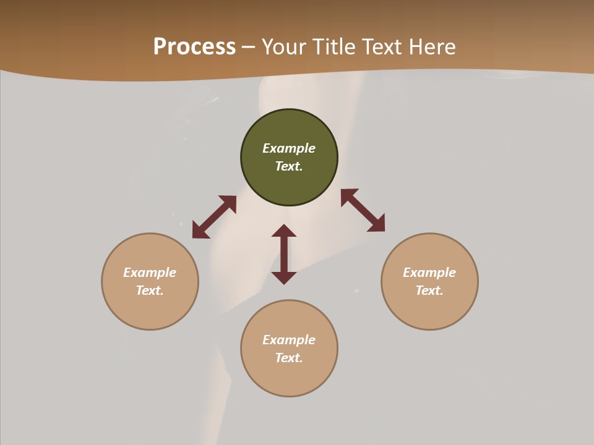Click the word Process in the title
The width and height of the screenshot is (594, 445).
tap(194, 47)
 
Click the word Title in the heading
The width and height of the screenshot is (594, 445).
tap(335, 47)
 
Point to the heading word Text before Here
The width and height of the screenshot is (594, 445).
tap(383, 47)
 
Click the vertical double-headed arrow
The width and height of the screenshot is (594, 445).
tap(284, 254)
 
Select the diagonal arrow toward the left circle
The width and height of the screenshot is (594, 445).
tap(214, 217)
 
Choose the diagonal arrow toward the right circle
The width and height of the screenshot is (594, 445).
tap(363, 210)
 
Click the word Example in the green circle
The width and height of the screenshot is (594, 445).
tap(289, 148)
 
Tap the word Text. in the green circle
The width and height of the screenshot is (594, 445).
tap(289, 166)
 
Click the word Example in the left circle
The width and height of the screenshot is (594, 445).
tap(150, 273)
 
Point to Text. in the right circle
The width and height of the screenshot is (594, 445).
tap(429, 290)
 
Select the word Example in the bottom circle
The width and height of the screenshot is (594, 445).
tap(289, 340)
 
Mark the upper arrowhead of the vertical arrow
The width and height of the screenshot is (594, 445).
tap(284, 231)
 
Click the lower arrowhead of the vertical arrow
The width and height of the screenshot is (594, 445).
tap(284, 278)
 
